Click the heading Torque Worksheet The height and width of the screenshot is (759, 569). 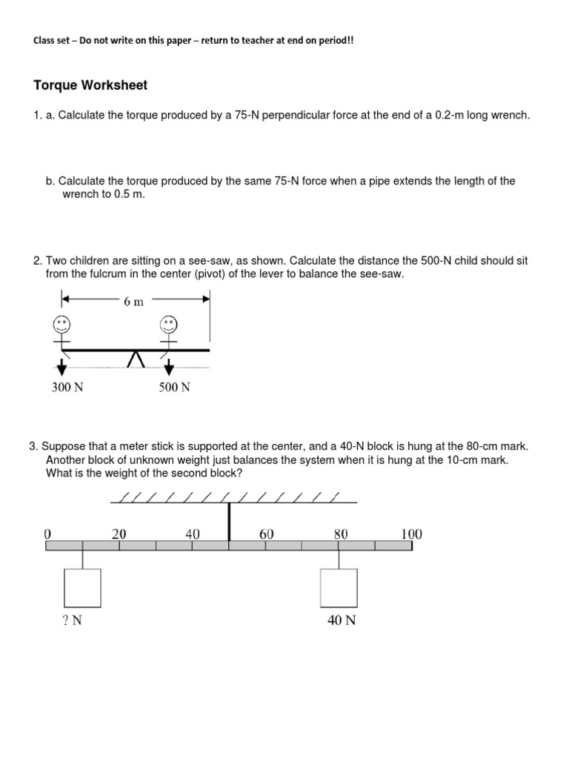point(90,85)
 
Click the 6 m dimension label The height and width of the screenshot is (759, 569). point(134,302)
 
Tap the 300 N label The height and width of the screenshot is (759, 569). point(67,388)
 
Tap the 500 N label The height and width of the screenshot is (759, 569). point(174,388)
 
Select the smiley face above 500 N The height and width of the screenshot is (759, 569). point(169,324)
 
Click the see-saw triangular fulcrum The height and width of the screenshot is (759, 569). point(135,359)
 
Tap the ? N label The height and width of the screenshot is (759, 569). point(72,621)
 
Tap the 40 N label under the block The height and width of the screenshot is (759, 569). point(342,621)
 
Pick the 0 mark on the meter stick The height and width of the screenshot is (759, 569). point(47,534)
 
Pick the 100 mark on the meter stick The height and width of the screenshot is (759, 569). point(411,534)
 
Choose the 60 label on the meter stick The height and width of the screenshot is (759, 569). point(267,534)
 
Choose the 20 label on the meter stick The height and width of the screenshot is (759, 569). point(119,534)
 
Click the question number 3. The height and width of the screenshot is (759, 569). point(33,446)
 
